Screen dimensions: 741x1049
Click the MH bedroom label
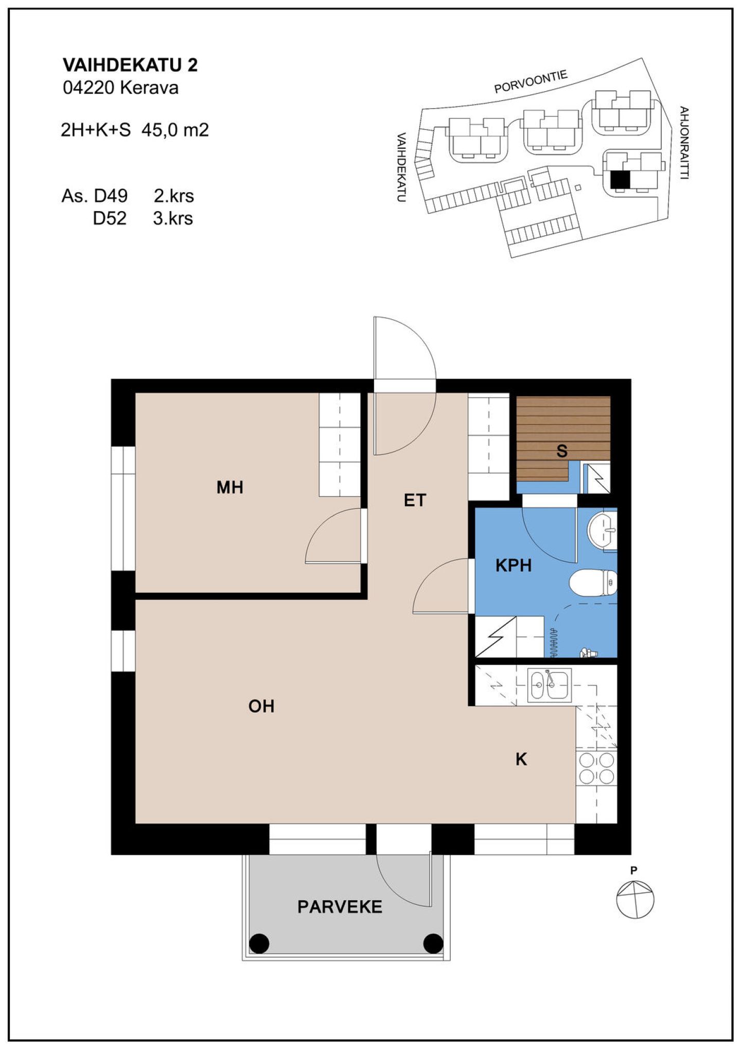[230, 487]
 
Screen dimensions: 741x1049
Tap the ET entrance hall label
[415, 500]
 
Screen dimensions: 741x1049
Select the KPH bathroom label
[513, 565]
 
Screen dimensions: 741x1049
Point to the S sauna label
[562, 451]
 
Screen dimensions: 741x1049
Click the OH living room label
[261, 706]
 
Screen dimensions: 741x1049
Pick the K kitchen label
[521, 759]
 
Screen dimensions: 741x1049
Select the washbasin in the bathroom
[602, 530]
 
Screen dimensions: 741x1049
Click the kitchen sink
[549, 685]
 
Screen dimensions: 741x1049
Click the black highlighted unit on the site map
[620, 180]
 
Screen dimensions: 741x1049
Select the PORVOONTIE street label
[531, 82]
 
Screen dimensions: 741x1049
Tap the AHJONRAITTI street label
[684, 143]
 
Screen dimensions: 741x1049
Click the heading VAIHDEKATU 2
[130, 65]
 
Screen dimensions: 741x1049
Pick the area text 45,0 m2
[175, 130]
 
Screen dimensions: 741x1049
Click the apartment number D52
[110, 218]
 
